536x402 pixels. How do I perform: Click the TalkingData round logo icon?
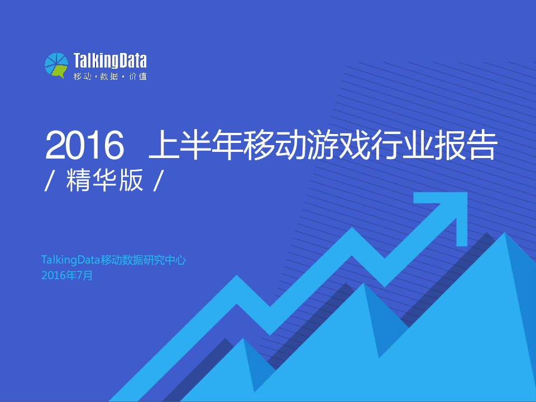pos(56,65)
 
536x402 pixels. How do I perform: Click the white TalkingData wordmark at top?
pos(110,61)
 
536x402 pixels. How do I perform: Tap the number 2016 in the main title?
pos(85,145)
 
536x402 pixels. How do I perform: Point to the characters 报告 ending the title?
pos(466,145)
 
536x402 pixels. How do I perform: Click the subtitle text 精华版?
pos(104,180)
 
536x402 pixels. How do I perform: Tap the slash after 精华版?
pos(157,181)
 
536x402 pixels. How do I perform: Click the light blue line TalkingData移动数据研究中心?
pos(113,260)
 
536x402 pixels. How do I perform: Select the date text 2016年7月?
pos(67,275)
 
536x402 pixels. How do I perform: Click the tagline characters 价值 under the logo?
pos(138,76)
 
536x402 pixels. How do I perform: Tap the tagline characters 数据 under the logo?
pos(109,76)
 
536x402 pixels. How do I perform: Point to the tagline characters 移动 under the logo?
pos(83,76)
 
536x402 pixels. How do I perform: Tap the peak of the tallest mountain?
pos(505,233)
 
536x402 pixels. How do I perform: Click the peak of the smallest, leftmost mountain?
pos(243,339)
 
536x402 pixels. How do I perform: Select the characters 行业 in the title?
pos(403,145)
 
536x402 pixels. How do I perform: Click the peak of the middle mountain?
pos(363,284)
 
